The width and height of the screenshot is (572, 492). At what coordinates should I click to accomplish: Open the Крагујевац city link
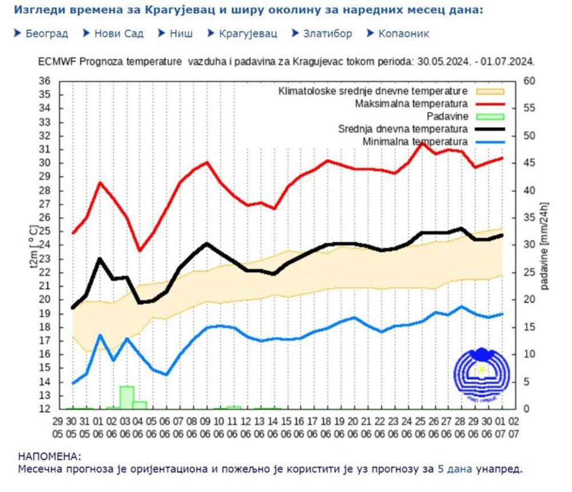[248, 34]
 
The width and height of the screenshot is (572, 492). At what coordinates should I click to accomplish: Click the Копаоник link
[404, 34]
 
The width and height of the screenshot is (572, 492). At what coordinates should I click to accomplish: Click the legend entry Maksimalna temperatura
[411, 104]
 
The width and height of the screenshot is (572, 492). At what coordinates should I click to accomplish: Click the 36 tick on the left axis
[45, 81]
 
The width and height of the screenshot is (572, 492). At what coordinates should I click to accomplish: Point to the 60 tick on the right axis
[529, 81]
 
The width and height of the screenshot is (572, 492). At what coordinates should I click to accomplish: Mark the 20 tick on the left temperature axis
[45, 299]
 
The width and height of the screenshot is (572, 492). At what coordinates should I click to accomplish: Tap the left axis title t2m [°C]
[33, 245]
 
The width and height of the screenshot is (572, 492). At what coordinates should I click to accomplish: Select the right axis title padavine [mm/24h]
[544, 245]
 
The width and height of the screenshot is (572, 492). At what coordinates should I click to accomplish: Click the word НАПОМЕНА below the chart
[50, 457]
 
